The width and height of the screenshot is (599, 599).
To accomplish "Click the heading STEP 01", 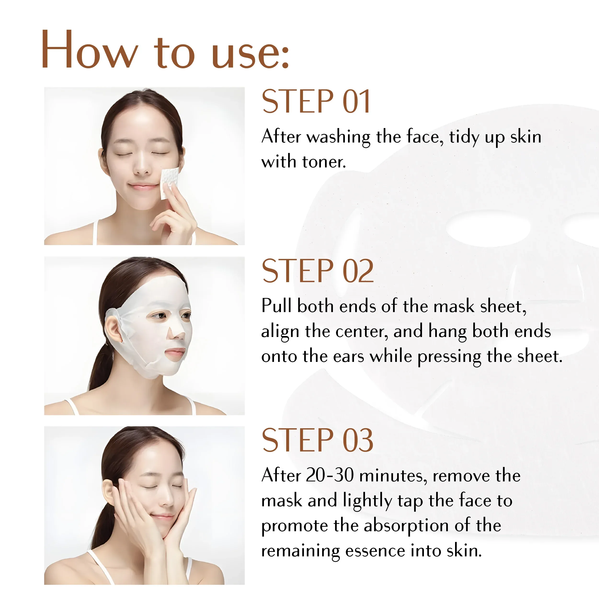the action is click(x=316, y=101).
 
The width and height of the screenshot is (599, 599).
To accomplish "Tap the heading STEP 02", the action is click(x=318, y=271).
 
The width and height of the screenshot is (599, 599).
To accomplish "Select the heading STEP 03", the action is click(x=318, y=440).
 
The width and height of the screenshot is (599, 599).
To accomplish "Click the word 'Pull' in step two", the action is click(x=277, y=306).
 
